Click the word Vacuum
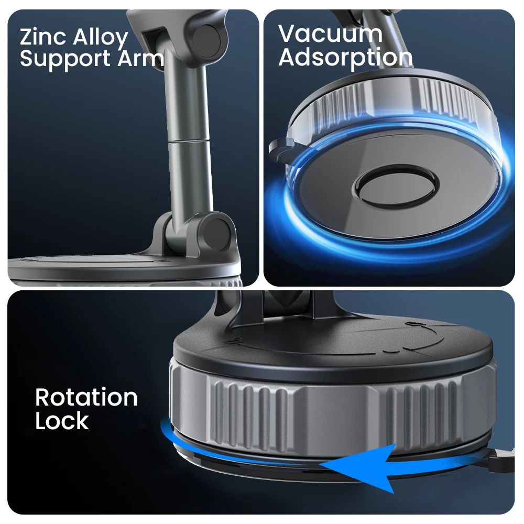pyautogui.click(x=330, y=34)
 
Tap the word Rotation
pyautogui.click(x=86, y=398)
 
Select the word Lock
pyautogui.click(x=62, y=421)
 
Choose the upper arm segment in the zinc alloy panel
pyautogui.click(x=183, y=100)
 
